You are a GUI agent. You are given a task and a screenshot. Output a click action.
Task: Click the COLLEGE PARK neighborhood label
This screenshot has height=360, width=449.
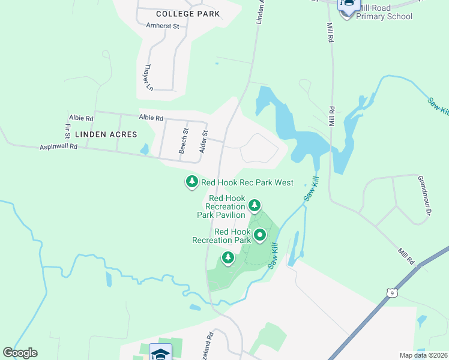(187, 13)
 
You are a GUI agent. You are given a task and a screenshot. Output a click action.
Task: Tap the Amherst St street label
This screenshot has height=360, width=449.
(163, 26)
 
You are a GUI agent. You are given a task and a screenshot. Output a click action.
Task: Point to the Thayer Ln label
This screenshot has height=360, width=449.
(148, 77)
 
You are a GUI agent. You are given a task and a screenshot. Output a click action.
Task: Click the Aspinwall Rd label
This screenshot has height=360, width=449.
(59, 146)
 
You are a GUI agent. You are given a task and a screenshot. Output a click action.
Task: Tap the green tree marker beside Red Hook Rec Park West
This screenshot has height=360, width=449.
(191, 181)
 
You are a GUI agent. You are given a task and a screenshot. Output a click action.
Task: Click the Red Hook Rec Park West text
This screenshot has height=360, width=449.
(247, 182)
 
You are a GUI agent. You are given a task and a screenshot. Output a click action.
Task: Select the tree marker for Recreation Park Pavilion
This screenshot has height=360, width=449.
(255, 206)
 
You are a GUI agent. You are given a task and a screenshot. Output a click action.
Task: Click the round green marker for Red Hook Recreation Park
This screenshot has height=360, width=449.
(260, 235)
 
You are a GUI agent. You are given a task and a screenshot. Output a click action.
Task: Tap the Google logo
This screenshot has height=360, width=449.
(20, 353)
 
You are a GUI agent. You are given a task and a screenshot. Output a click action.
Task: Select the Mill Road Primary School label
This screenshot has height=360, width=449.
(384, 12)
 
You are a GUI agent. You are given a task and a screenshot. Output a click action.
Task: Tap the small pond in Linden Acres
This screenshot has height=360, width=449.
(144, 149)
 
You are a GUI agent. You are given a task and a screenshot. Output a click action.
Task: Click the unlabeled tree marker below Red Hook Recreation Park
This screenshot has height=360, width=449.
(228, 258)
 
